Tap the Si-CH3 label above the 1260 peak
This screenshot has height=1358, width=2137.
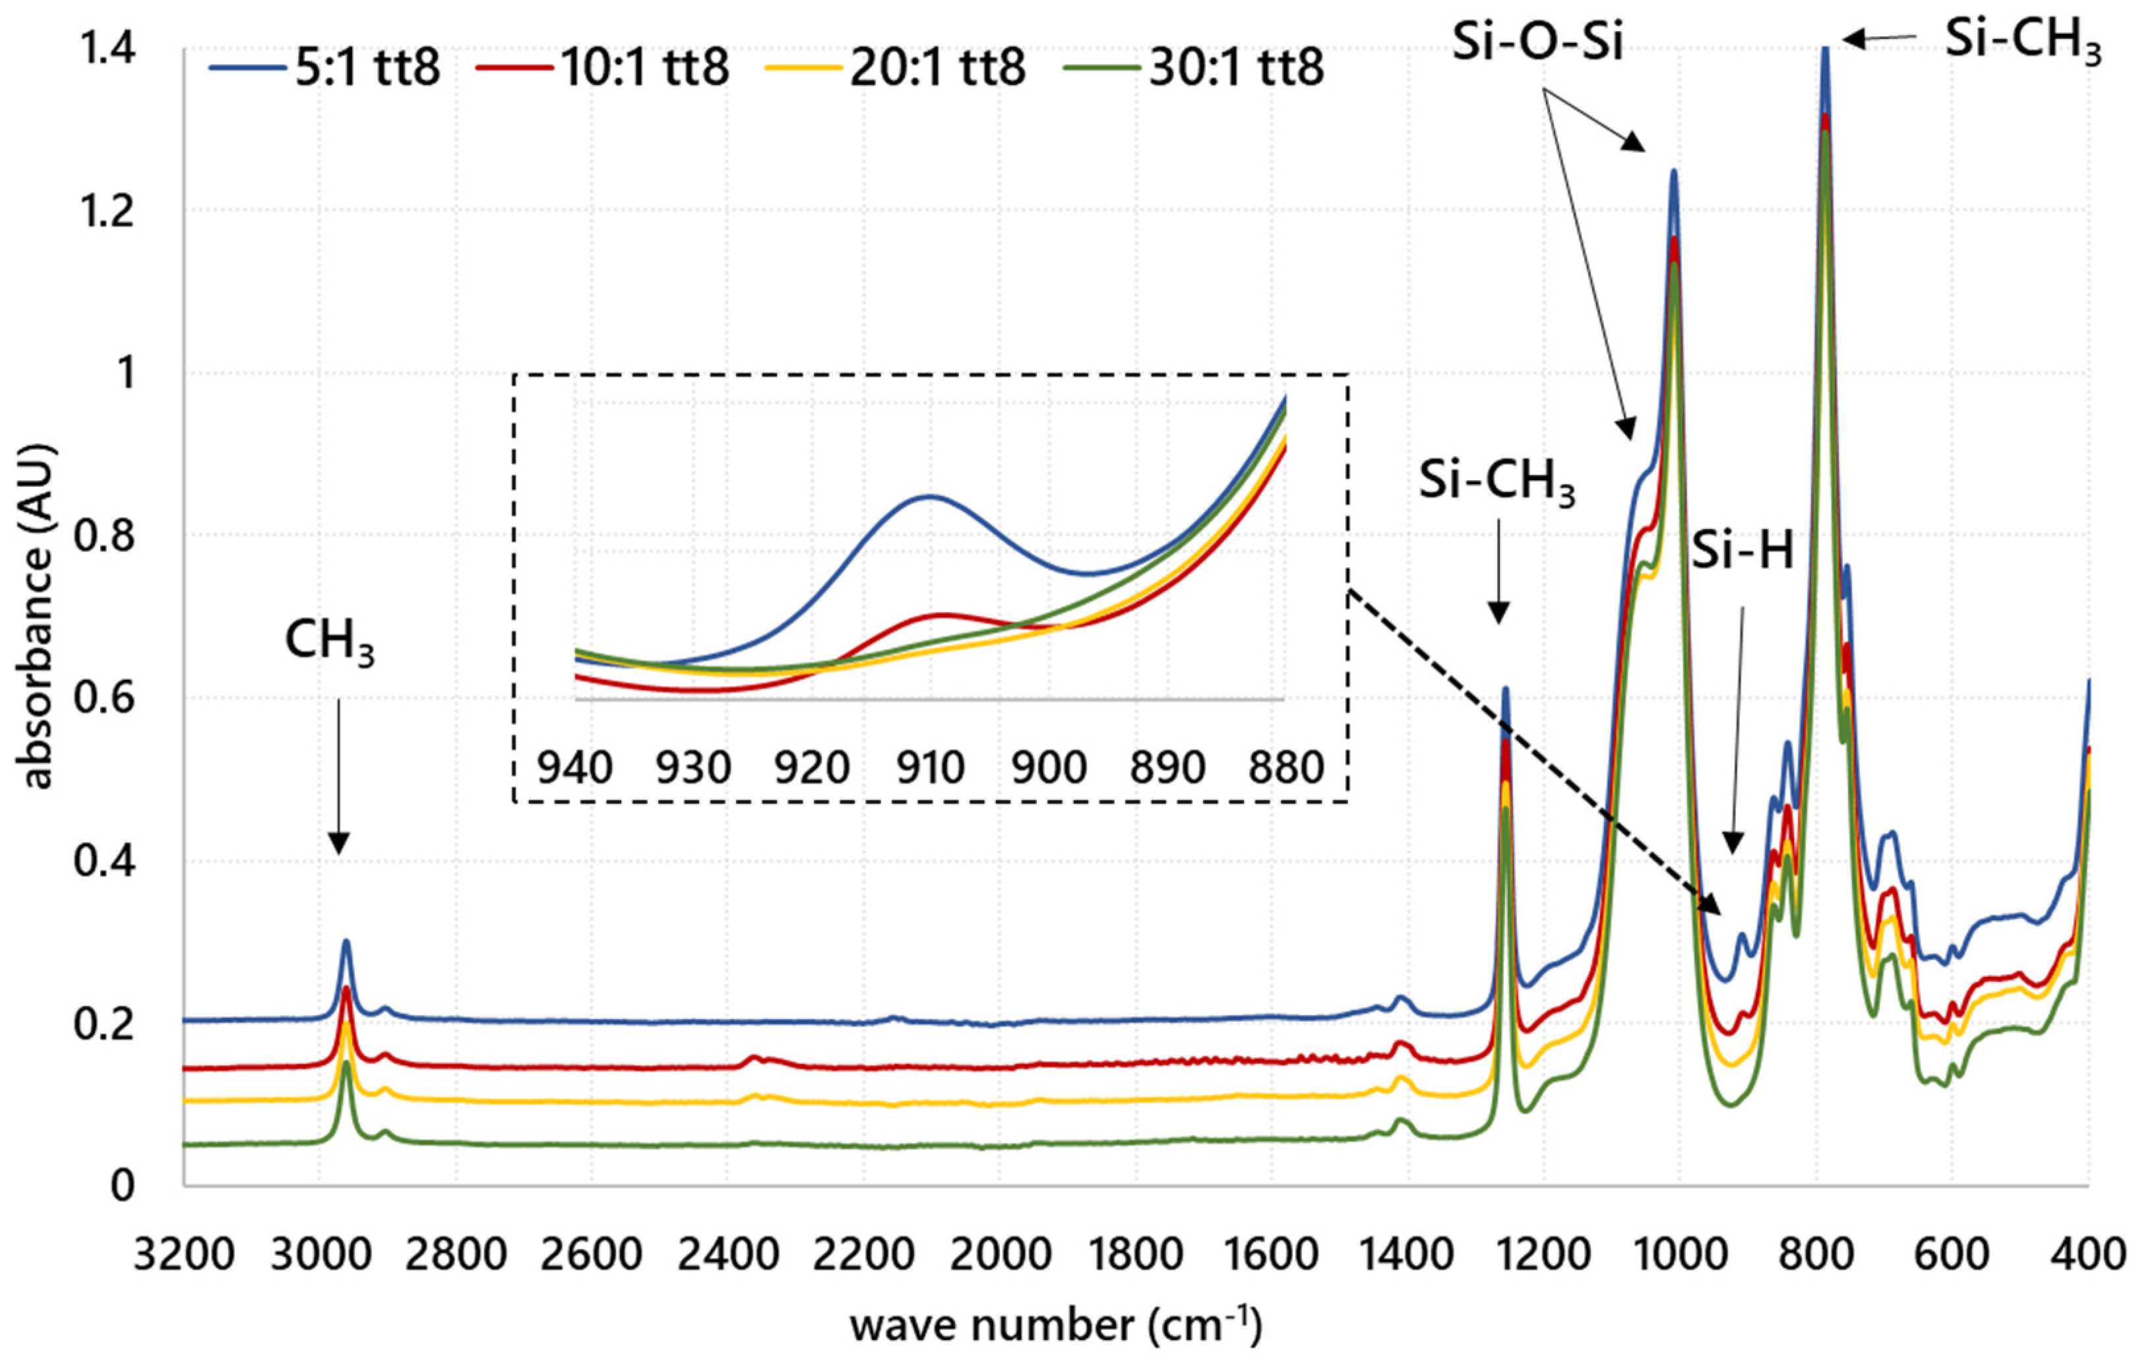tap(1497, 483)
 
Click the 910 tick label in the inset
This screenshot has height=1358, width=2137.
tap(929, 767)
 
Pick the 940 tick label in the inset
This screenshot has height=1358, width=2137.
tap(575, 767)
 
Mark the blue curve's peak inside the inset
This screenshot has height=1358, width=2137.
tap(928, 496)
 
